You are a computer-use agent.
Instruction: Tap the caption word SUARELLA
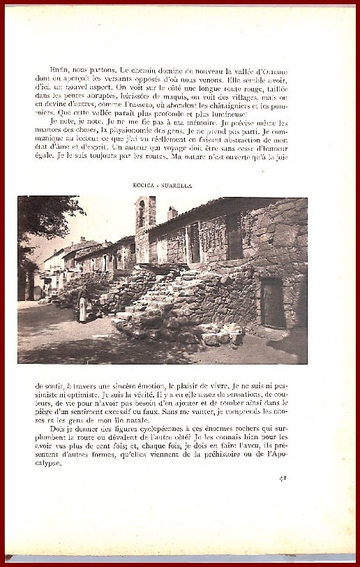tap(180, 186)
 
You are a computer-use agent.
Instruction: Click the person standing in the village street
tap(82, 307)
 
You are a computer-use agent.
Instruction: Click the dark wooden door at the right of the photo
tap(273, 302)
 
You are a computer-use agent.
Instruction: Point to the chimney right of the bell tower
tap(172, 213)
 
